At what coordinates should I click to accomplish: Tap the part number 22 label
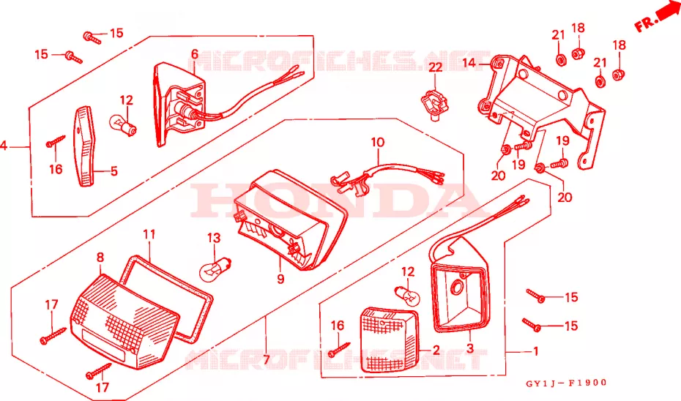[x=435, y=67]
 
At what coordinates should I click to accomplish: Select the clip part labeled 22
[x=434, y=104]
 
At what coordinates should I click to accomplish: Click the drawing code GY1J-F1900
[x=566, y=383]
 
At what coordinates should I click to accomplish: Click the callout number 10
[x=378, y=143]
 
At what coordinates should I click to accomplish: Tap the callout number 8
[x=100, y=258]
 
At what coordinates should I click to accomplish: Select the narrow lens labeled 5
[x=85, y=146]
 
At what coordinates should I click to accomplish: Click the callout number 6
[x=195, y=54]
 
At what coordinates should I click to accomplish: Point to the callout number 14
[x=469, y=64]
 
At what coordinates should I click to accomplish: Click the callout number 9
[x=280, y=279]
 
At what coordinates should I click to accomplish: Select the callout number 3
[x=470, y=348]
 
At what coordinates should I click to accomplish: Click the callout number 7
[x=267, y=360]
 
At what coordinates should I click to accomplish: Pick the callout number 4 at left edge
[x=4, y=146]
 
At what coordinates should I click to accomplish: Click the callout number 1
[x=535, y=351]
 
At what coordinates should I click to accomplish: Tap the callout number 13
[x=214, y=238]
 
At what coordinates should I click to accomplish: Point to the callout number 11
[x=149, y=234]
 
